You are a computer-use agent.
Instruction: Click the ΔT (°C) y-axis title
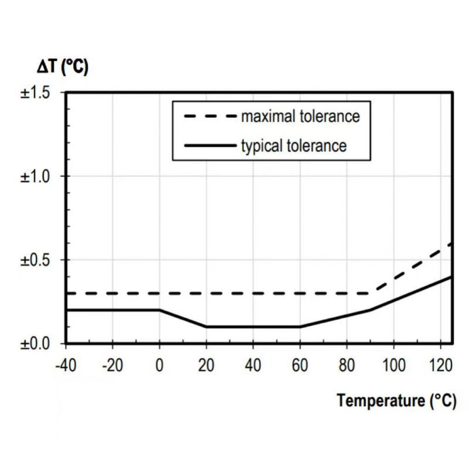pos(64,67)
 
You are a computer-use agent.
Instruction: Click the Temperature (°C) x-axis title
pos(396,401)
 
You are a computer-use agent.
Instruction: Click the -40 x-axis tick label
pos(66,366)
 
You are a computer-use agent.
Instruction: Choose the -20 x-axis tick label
pos(113,366)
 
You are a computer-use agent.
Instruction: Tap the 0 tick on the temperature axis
pos(159,366)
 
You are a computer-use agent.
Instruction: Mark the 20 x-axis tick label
pos(206,366)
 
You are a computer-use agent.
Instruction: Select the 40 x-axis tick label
pos(253,366)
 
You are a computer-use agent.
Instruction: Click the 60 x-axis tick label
pos(300,366)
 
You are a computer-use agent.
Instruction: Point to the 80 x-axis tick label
pos(347,366)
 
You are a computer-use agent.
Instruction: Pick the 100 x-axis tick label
pos(394,366)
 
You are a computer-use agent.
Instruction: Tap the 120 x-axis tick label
pos(440,366)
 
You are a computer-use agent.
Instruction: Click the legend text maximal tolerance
pos(300,116)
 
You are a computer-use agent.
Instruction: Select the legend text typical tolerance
pos(294,145)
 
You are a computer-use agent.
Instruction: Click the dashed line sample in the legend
pos(210,116)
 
